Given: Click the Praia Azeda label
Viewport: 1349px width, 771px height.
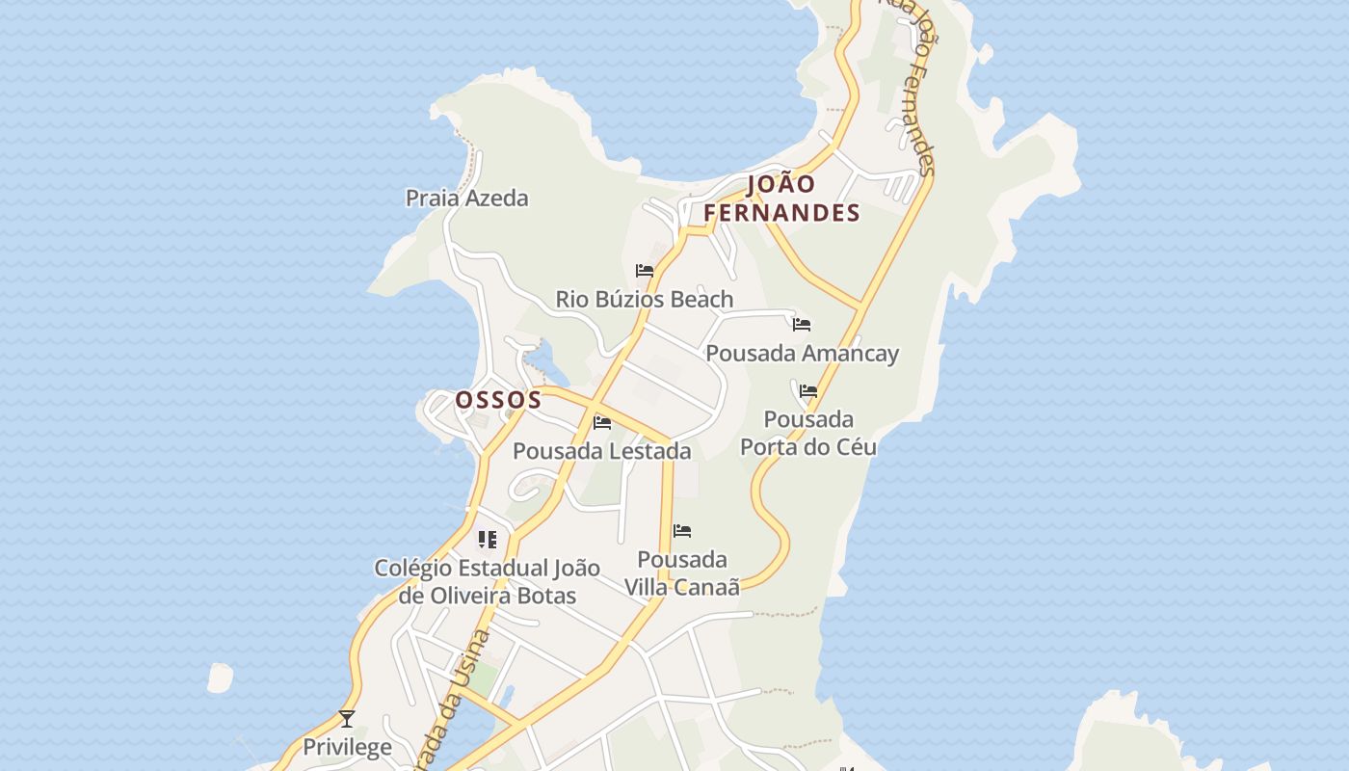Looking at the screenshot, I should (x=466, y=199).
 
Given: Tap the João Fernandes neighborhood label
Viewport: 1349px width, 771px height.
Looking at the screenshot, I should (x=781, y=199).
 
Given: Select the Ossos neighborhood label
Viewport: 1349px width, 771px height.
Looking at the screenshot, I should (x=498, y=400).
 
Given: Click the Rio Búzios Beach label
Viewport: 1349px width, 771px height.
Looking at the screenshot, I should (x=645, y=300).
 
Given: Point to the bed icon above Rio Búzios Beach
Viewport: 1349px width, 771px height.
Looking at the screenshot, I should (x=645, y=271).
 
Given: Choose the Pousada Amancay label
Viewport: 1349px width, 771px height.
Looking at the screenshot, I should (x=802, y=354).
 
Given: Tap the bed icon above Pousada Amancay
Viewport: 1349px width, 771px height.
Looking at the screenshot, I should (x=802, y=325).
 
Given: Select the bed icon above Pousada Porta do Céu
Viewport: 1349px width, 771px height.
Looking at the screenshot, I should (x=808, y=391).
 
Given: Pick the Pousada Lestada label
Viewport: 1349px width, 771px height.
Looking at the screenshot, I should (x=601, y=451).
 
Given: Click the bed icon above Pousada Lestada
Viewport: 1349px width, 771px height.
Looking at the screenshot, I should (x=602, y=422).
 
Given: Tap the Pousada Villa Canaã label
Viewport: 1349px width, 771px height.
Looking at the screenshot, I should (x=682, y=573).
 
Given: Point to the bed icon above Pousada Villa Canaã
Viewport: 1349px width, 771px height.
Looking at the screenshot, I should (x=682, y=531).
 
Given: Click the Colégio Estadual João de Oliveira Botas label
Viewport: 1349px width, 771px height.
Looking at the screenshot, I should (x=487, y=582).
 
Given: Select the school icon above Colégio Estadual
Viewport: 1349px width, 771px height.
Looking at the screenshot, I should (x=488, y=540).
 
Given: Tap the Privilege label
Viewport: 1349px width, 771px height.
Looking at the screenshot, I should (x=347, y=747).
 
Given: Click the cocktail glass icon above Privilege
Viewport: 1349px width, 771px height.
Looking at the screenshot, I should (x=347, y=719).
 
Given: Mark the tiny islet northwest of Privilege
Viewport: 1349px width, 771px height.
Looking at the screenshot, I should (x=221, y=678).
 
